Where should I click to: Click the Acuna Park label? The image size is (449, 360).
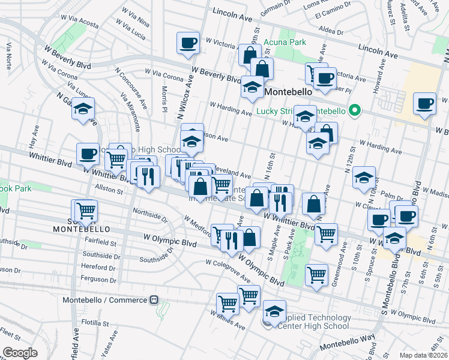(x=286, y=42)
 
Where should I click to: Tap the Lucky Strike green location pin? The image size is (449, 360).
(x=354, y=110)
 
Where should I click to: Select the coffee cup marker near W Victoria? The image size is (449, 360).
(x=188, y=43)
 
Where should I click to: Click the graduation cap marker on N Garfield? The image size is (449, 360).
(x=83, y=109)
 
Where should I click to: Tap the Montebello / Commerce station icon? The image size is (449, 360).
(x=154, y=299)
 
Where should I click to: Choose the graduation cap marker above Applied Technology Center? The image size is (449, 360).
(x=274, y=311)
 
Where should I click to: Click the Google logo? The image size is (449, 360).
(x=20, y=353)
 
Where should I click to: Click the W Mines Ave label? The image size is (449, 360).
(x=228, y=320)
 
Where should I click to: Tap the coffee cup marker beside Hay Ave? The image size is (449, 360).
(x=88, y=154)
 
